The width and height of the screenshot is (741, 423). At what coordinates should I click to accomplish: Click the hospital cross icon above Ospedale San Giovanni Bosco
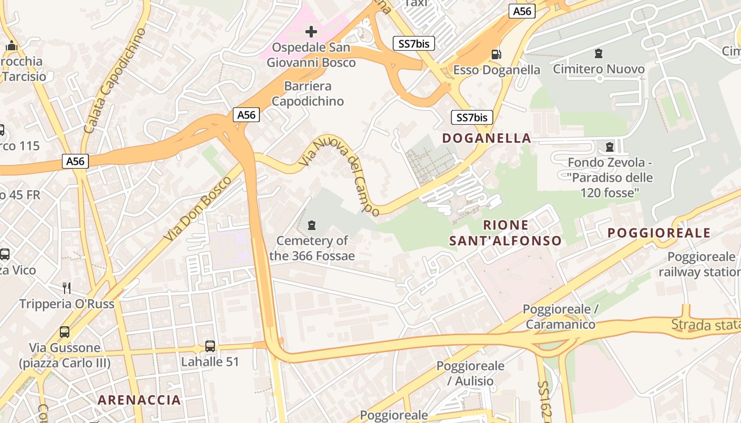tap(311, 32)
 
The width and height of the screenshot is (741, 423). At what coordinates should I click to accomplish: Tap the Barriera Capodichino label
tap(308, 94)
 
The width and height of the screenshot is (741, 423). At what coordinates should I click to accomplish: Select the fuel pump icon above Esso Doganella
tap(496, 54)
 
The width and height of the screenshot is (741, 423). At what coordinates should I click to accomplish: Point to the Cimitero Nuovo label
tap(599, 69)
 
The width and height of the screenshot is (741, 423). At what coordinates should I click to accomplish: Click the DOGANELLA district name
tap(486, 138)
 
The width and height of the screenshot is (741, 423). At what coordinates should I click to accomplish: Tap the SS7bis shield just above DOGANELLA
tap(472, 117)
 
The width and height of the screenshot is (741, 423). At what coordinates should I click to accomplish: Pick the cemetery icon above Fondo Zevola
tap(610, 146)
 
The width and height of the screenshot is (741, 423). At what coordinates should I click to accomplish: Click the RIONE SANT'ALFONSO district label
tap(505, 233)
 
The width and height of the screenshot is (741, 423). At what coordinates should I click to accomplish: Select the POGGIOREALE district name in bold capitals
tap(659, 233)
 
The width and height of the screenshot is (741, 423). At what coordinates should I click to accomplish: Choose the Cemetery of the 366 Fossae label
tap(312, 248)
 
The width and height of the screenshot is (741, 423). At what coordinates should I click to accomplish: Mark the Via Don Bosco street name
tap(197, 209)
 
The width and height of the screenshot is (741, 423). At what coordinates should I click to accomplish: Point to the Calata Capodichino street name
tap(115, 80)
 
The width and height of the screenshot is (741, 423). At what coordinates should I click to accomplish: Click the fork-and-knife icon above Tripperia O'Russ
tap(67, 288)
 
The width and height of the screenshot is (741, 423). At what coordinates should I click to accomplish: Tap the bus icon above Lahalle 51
tap(210, 346)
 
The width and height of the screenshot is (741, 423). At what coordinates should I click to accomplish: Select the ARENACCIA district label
tap(139, 400)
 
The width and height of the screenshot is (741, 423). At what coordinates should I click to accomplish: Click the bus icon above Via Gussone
tap(65, 332)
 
